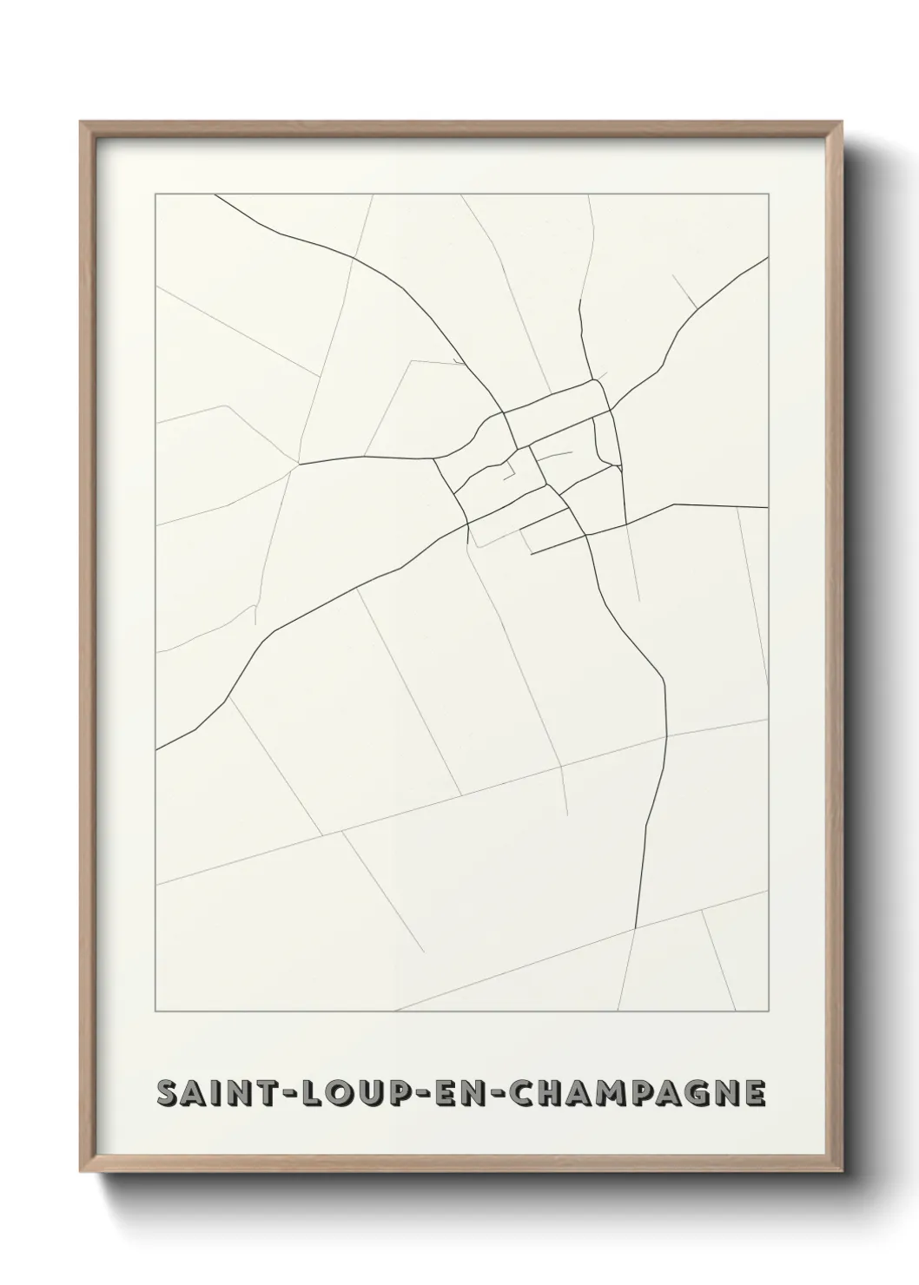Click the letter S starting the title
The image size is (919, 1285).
pos(168,1093)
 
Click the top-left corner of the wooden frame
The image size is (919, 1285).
pos(81,122)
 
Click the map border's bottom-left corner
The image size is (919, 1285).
pos(155,1012)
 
